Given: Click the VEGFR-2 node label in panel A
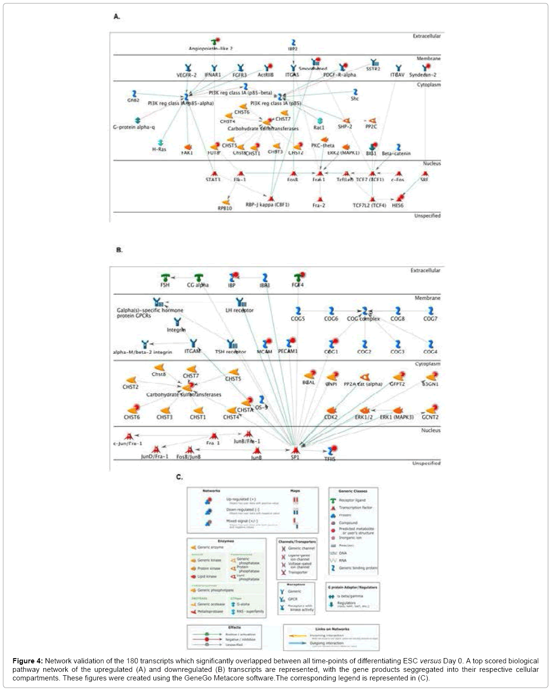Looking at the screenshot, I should pyautogui.click(x=186, y=75).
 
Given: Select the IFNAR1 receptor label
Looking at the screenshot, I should pyautogui.click(x=213, y=75).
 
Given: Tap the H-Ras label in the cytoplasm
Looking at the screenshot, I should pyautogui.click(x=159, y=149).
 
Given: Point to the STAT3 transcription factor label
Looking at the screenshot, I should pyautogui.click(x=213, y=180).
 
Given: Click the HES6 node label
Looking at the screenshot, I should pyautogui.click(x=398, y=205).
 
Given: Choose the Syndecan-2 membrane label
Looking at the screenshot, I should pyautogui.click(x=423, y=75).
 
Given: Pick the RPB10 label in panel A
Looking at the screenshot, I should pyautogui.click(x=225, y=208).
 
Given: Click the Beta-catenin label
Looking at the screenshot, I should pyautogui.click(x=396, y=154).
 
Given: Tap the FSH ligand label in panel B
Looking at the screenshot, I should pyautogui.click(x=165, y=285).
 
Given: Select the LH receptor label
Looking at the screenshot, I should pyautogui.click(x=239, y=311).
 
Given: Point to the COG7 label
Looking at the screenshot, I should pyautogui.click(x=430, y=319).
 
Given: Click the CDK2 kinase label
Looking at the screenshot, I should pyautogui.click(x=331, y=417).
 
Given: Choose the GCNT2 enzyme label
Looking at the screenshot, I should pyautogui.click(x=430, y=417).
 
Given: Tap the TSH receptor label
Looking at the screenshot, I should pyautogui.click(x=230, y=352).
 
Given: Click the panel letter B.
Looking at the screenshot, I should pyautogui.click(x=119, y=250).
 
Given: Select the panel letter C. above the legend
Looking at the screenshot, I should pyautogui.click(x=180, y=477).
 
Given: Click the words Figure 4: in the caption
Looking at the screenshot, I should pyautogui.click(x=27, y=661).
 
